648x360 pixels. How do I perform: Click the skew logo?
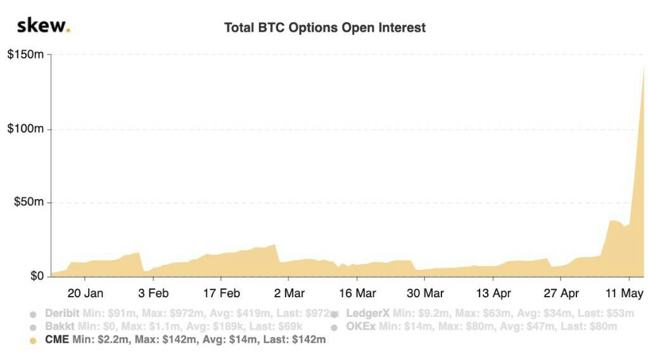pyautogui.click(x=43, y=27)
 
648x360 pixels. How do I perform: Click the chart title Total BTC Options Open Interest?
pyautogui.click(x=325, y=28)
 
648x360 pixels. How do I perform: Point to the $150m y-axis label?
pyautogui.click(x=25, y=55)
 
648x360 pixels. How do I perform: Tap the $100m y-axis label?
pyautogui.click(x=25, y=129)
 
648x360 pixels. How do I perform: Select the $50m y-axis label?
pyautogui.click(x=29, y=202)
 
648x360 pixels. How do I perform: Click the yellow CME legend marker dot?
pyautogui.click(x=33, y=340)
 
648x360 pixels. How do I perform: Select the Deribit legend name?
pyautogui.click(x=62, y=313)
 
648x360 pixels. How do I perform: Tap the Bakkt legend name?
pyautogui.click(x=58, y=326)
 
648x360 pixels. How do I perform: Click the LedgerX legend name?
pyautogui.click(x=368, y=313)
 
